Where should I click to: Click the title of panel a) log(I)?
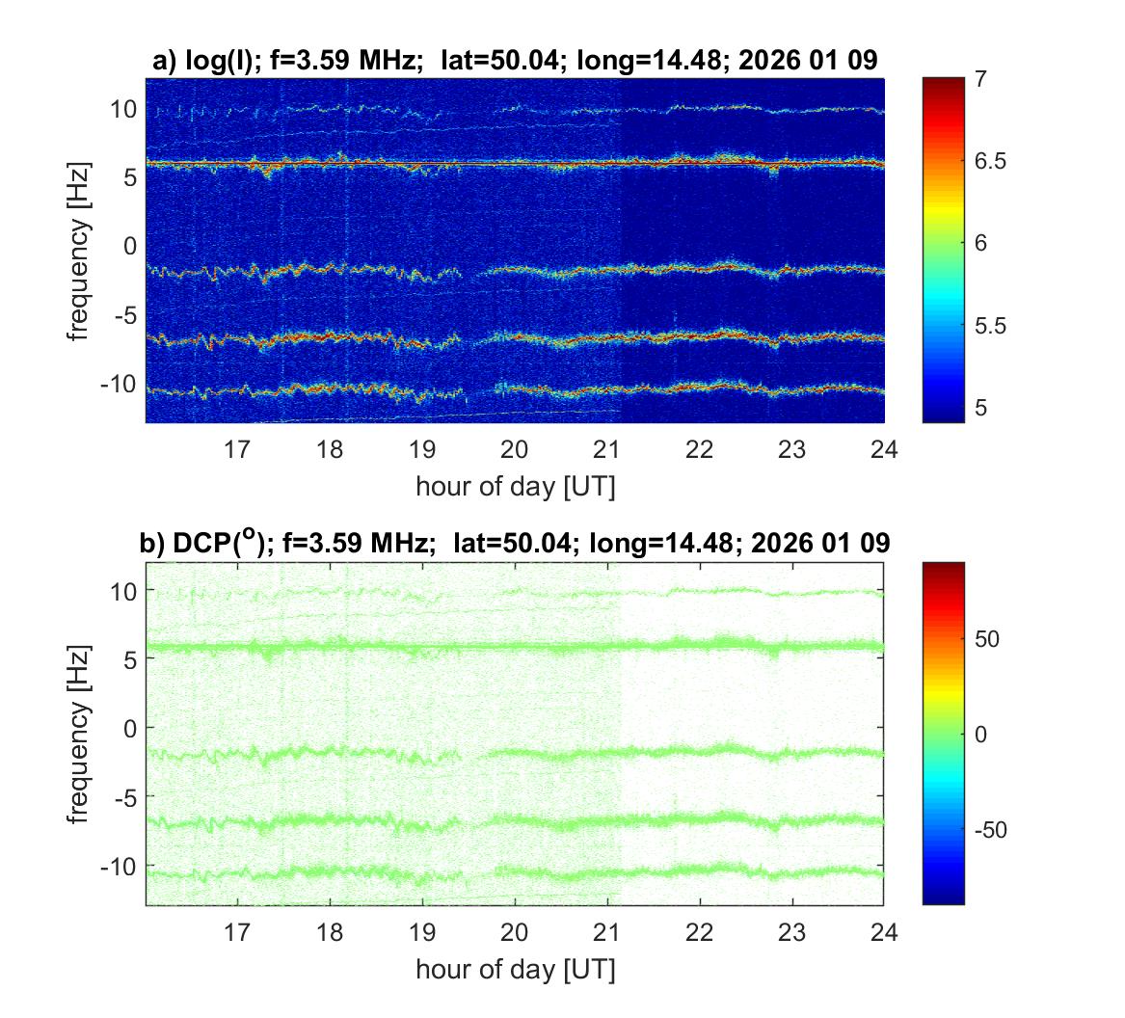[516, 61]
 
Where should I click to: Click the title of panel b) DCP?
[516, 544]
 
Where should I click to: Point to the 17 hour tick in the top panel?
[237, 448]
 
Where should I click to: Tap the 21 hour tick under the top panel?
[607, 448]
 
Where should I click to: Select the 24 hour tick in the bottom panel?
[884, 931]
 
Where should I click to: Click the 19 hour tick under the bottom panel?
[422, 931]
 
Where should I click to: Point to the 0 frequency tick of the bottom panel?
[132, 728]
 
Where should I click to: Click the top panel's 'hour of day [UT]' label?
[516, 486]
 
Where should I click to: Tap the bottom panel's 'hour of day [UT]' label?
[516, 969]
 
